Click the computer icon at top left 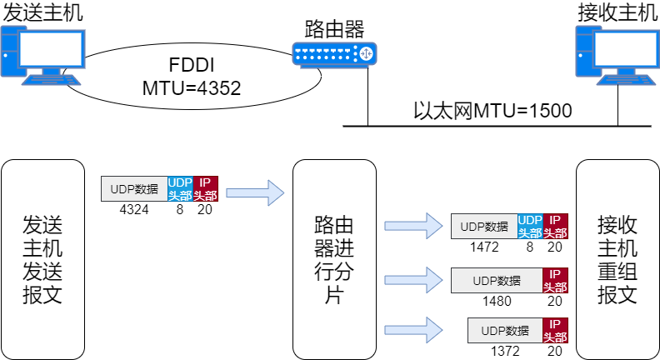point(42,55)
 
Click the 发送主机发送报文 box point(42,259)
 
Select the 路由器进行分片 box point(334,259)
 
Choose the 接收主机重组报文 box point(617,259)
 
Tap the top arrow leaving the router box point(413,225)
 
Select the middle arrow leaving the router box point(413,279)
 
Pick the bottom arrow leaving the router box point(413,329)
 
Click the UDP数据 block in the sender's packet point(134,189)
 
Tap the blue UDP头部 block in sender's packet point(180,189)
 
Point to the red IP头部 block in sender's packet point(206,189)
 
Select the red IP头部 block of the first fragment point(556,226)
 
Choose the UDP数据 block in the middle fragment point(497,280)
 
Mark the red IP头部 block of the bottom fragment point(556,331)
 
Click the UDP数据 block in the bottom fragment point(505,331)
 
